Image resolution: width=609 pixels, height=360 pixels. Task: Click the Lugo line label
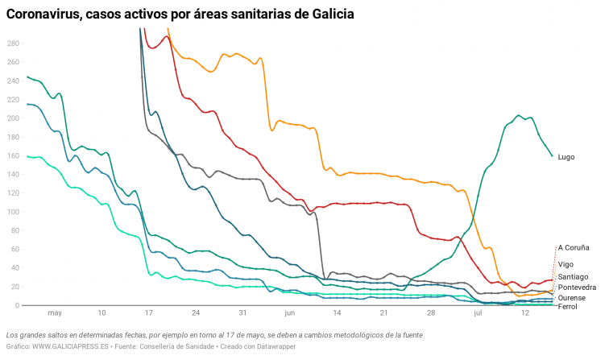tap(565, 156)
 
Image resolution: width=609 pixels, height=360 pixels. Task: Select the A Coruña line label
tap(574, 248)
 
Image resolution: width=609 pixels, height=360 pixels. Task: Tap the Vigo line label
tap(565, 264)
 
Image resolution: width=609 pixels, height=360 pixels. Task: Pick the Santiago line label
tap(573, 277)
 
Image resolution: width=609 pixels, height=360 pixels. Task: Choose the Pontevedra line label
tap(577, 288)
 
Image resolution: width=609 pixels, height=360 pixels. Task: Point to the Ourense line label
tap(572, 298)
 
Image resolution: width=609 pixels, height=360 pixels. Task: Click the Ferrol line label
tap(567, 307)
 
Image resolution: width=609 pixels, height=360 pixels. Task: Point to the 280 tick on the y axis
tap(12, 43)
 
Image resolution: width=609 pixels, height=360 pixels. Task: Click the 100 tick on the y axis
tap(12, 212)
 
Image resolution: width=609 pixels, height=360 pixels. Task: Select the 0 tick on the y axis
tap(17, 306)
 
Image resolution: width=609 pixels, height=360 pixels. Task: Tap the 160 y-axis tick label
tap(12, 156)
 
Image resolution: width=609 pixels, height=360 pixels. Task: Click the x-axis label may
tap(55, 313)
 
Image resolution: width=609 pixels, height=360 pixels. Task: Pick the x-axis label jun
tap(290, 313)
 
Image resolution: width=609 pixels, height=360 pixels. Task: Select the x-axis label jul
tap(478, 313)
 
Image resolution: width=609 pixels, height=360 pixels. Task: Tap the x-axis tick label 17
tap(149, 313)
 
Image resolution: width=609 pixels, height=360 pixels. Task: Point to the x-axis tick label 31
tap(242, 313)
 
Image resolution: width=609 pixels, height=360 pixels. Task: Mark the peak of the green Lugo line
tap(520, 115)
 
